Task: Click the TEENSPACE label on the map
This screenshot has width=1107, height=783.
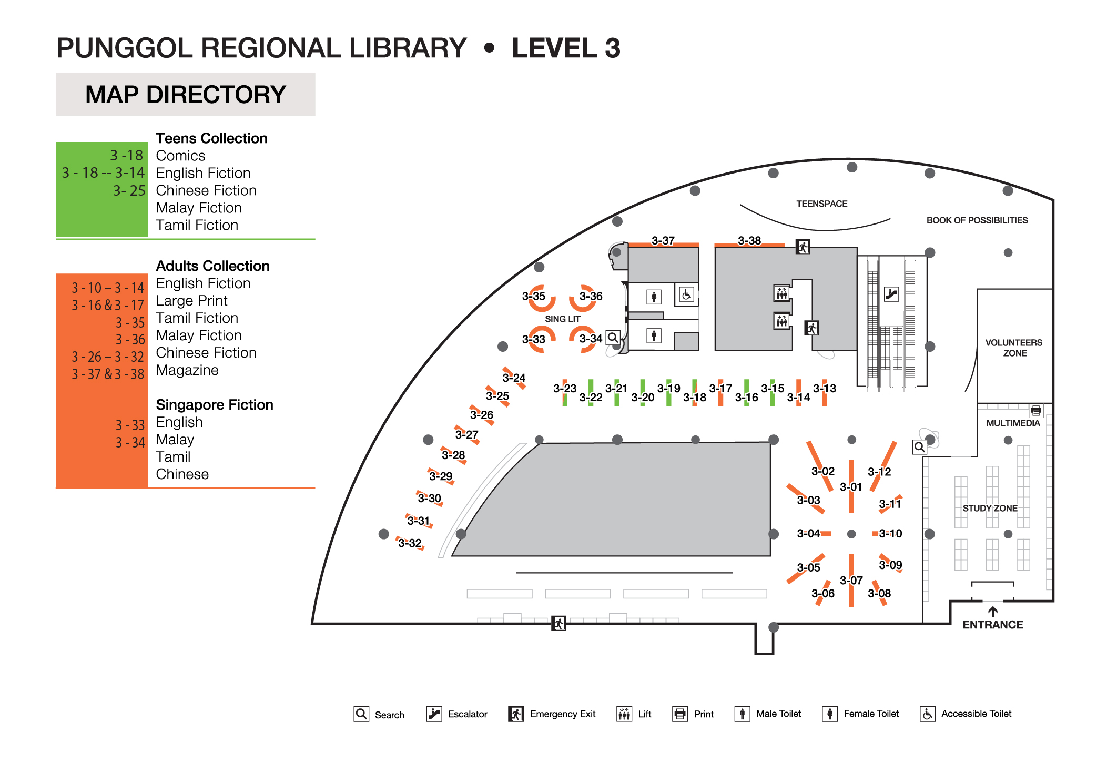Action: (821, 204)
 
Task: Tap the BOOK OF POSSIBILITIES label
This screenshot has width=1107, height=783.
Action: (977, 220)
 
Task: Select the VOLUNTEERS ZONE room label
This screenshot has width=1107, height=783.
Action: (1014, 348)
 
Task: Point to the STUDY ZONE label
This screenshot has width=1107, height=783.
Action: (990, 508)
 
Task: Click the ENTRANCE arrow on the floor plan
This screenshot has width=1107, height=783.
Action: (992, 612)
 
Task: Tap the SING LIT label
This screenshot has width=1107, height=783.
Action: (562, 319)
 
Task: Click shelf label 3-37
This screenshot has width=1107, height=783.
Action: (663, 241)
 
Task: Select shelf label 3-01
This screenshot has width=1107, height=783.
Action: (850, 487)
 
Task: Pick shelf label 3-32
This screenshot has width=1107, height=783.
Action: (410, 543)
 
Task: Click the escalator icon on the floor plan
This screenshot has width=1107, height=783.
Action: (891, 294)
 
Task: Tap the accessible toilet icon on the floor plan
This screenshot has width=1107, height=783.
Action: (686, 294)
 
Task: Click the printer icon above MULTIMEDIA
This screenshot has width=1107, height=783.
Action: (1035, 410)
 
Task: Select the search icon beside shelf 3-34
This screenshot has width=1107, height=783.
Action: (613, 338)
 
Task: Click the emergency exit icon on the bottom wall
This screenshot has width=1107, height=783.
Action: (558, 623)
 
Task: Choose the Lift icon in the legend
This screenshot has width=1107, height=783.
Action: (624, 714)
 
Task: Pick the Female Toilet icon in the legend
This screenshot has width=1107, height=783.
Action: (829, 714)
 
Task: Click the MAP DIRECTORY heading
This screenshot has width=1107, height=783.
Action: (186, 95)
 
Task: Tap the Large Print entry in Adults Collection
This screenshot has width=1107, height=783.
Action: (191, 301)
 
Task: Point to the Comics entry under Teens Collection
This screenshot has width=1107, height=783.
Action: (180, 156)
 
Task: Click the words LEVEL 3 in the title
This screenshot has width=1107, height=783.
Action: (566, 48)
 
